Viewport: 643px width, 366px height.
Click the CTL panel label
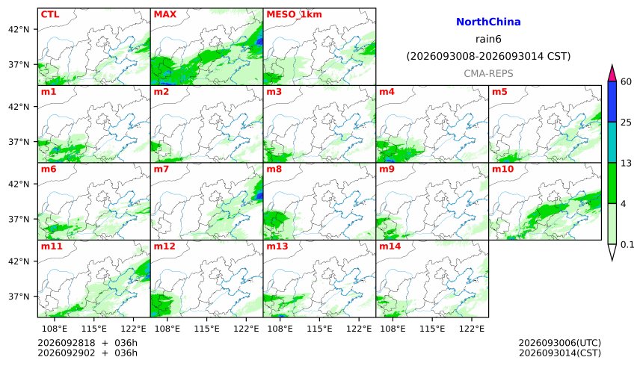click(50, 14)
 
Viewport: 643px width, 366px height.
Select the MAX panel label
click(164, 14)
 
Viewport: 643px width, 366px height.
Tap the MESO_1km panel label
click(294, 14)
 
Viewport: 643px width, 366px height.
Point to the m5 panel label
click(499, 91)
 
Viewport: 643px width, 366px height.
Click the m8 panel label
click(274, 169)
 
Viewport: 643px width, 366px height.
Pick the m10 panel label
click(502, 169)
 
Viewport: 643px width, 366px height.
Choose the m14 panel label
click(390, 246)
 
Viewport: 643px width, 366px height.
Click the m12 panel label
click(164, 246)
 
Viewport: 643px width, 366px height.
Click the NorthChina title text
click(488, 22)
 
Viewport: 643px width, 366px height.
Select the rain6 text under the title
click(488, 39)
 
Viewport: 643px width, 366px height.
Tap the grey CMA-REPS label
click(488, 73)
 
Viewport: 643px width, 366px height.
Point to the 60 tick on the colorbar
click(626, 81)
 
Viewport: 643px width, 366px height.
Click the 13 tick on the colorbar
click(626, 163)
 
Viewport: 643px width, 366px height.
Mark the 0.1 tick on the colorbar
click(627, 245)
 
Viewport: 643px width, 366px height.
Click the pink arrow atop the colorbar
click(612, 73)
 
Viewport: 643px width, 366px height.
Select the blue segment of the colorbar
click(612, 102)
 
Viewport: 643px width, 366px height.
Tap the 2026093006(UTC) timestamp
click(560, 343)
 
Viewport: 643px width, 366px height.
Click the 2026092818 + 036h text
click(87, 343)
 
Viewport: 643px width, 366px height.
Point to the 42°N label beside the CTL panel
click(19, 30)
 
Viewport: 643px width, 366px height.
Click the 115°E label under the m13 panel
click(319, 329)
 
